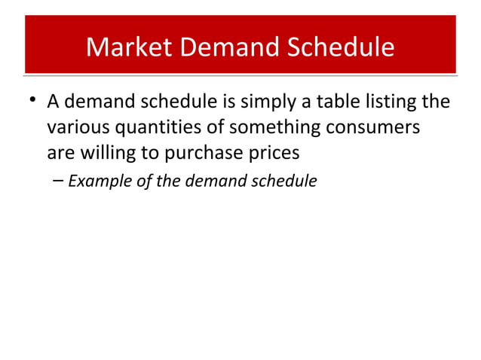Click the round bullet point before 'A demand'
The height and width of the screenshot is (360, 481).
point(31,100)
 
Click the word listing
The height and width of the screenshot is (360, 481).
point(401,101)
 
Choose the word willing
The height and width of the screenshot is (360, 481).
point(101,153)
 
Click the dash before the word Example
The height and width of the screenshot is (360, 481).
point(59,181)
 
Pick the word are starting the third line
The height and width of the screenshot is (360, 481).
point(59,153)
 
